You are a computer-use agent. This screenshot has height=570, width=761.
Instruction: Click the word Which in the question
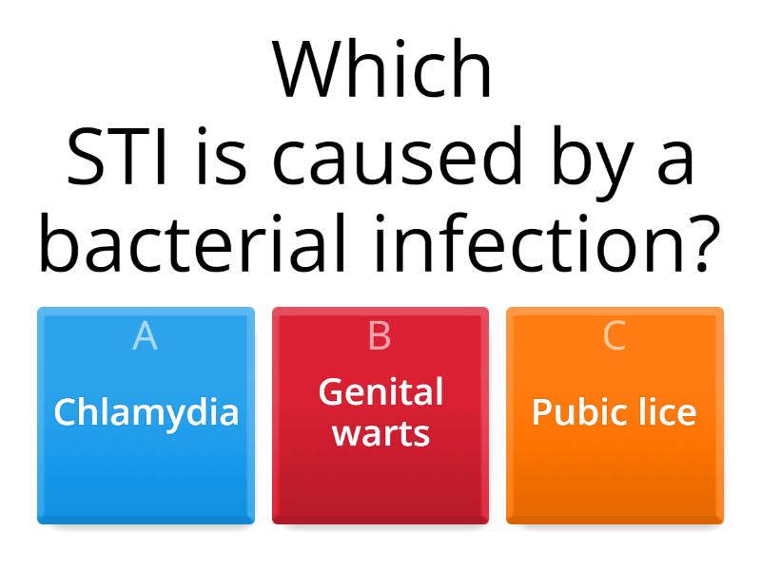(382, 71)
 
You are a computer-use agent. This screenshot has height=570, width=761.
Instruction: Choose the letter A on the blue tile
(145, 336)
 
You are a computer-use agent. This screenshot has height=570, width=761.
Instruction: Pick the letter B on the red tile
(380, 336)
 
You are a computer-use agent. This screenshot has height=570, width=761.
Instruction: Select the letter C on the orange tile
(615, 336)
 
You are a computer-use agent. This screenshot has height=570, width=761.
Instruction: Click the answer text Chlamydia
(146, 413)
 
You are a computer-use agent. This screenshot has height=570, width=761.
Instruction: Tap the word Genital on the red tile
(380, 391)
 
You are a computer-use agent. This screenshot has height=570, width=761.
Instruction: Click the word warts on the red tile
(380, 434)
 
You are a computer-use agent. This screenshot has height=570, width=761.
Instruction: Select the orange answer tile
(615, 475)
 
